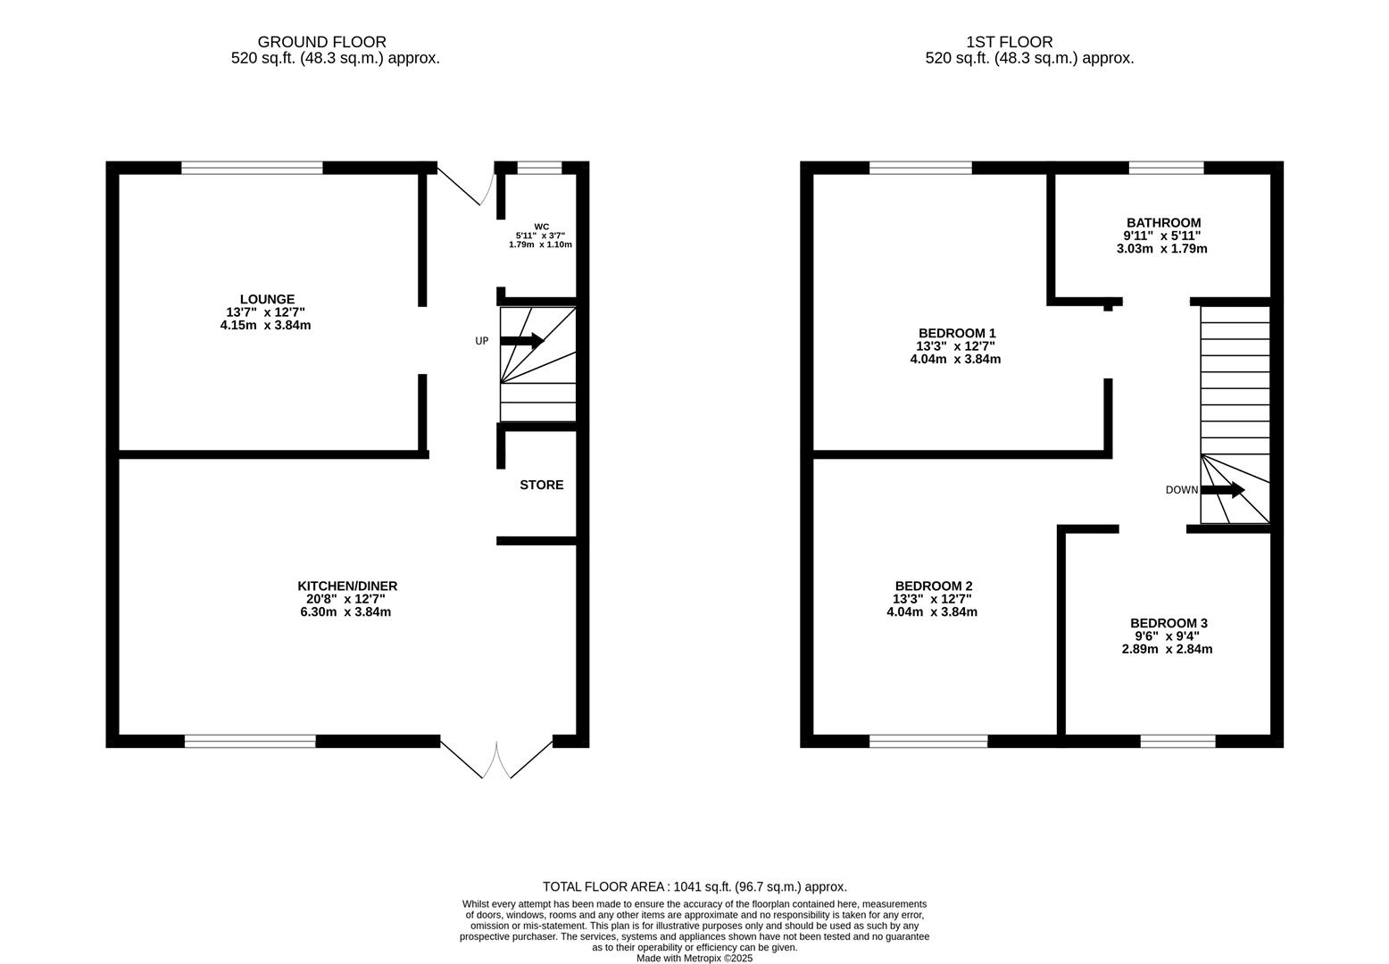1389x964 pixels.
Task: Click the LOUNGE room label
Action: point(266,299)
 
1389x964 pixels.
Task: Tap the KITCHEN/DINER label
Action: point(346,586)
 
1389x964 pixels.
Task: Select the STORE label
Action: point(541,485)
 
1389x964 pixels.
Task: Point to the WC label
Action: point(541,227)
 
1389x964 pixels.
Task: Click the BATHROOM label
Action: point(1162,223)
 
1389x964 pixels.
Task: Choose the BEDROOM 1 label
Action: point(955,334)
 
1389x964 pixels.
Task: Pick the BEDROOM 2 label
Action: point(932,586)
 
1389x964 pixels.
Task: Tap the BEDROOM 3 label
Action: point(1168,623)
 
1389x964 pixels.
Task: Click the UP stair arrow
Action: point(521,340)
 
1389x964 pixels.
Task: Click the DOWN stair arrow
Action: point(1222,490)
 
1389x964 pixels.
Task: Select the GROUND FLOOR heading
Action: point(321,42)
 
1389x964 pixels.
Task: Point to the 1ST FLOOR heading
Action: point(1009,42)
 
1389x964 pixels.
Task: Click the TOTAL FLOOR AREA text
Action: point(694,886)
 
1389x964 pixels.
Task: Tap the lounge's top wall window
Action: point(252,168)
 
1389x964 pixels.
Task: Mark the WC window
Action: point(539,168)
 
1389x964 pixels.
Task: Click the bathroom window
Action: point(1166,168)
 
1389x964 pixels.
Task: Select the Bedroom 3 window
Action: point(1177,741)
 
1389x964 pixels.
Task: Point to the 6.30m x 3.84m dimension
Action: point(346,612)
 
